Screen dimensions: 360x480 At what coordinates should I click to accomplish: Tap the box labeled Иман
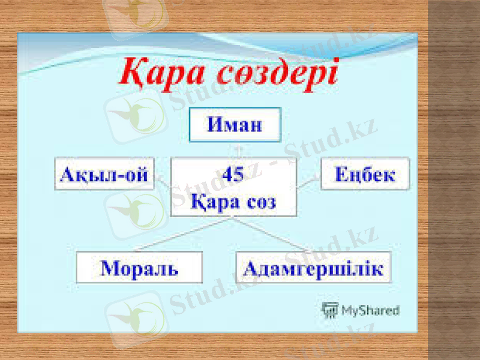point(235,125)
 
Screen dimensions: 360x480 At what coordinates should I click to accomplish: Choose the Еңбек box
point(365,174)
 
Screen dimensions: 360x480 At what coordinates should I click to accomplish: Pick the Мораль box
point(139,267)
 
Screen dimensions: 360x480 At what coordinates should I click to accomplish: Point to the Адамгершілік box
point(313,267)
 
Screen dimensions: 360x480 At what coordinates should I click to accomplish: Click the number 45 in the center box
point(233,175)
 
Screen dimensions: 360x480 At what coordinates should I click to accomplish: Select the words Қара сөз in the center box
point(233,202)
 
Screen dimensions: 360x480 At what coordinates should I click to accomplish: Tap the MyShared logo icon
point(329,310)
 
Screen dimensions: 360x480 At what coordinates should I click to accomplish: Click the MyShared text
point(370,310)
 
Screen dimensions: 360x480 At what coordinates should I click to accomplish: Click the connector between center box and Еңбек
point(308,181)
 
